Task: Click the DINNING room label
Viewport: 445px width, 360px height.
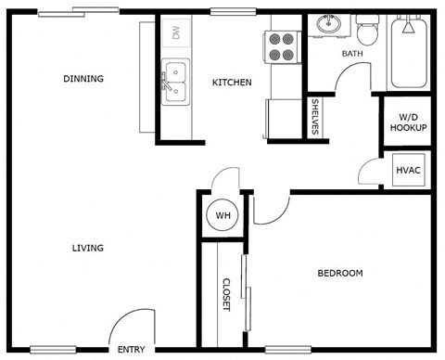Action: click(83, 79)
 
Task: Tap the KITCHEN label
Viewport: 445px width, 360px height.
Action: click(232, 83)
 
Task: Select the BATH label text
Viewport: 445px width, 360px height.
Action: click(352, 54)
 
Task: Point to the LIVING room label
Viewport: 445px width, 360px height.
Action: click(88, 248)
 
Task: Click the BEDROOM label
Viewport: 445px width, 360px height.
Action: click(340, 273)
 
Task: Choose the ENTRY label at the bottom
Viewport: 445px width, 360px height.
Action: click(131, 350)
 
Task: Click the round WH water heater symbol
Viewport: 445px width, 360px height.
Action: click(222, 215)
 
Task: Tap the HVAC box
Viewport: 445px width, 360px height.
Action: click(408, 171)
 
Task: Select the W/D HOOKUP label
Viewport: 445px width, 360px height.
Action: click(408, 122)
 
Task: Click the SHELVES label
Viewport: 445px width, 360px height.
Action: click(315, 118)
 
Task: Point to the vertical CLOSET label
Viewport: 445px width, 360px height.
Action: click(225, 296)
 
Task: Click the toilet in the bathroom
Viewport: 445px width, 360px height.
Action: click(367, 33)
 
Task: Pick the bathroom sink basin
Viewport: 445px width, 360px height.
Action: click(327, 25)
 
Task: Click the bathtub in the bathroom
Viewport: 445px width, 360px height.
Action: click(409, 54)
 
